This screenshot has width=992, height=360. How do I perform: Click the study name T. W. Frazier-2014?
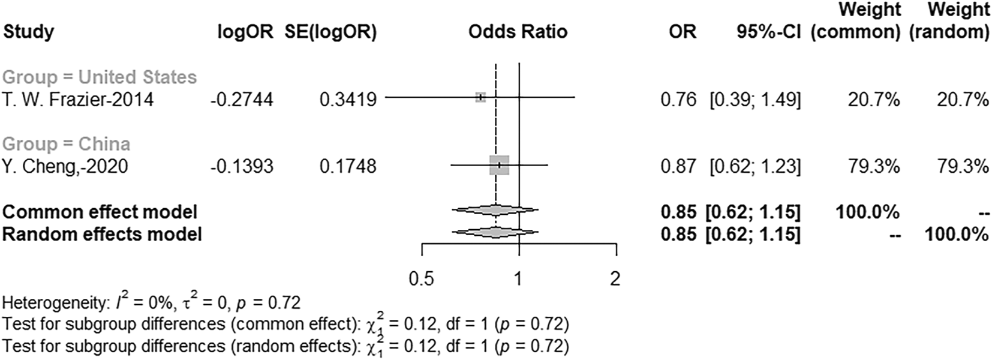(77, 99)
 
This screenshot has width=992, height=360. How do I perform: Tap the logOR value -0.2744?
(242, 99)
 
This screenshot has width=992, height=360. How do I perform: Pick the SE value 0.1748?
(348, 166)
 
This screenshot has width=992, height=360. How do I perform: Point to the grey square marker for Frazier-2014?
(480, 97)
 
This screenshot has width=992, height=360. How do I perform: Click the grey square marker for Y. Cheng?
(499, 165)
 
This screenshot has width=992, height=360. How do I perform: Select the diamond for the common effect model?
(495, 210)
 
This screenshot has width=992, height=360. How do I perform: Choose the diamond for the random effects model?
(495, 232)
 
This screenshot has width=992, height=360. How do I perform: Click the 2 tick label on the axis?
(615, 278)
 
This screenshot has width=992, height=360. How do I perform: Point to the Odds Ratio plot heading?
(518, 31)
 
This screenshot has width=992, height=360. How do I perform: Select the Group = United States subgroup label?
(99, 77)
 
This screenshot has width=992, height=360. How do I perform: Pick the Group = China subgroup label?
(66, 144)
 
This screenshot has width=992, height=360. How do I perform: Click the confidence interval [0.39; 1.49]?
(754, 99)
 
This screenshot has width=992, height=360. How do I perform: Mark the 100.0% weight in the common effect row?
(867, 212)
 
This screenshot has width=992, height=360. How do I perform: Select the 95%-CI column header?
(768, 31)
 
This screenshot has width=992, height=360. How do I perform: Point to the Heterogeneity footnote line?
(151, 302)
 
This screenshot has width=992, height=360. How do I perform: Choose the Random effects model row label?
(102, 233)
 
